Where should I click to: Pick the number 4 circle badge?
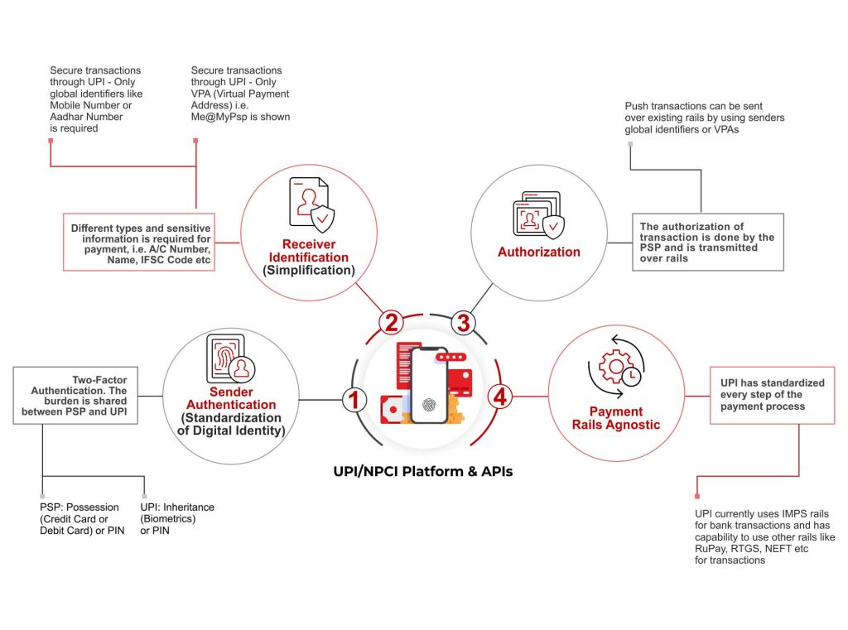click(x=499, y=397)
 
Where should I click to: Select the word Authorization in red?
click(x=539, y=252)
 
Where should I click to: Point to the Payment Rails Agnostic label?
click(x=614, y=418)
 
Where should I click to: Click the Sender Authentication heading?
click(x=219, y=398)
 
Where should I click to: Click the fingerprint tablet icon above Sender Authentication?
click(x=229, y=358)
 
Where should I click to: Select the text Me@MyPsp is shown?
click(x=241, y=117)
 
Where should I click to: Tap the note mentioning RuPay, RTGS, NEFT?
click(x=764, y=537)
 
